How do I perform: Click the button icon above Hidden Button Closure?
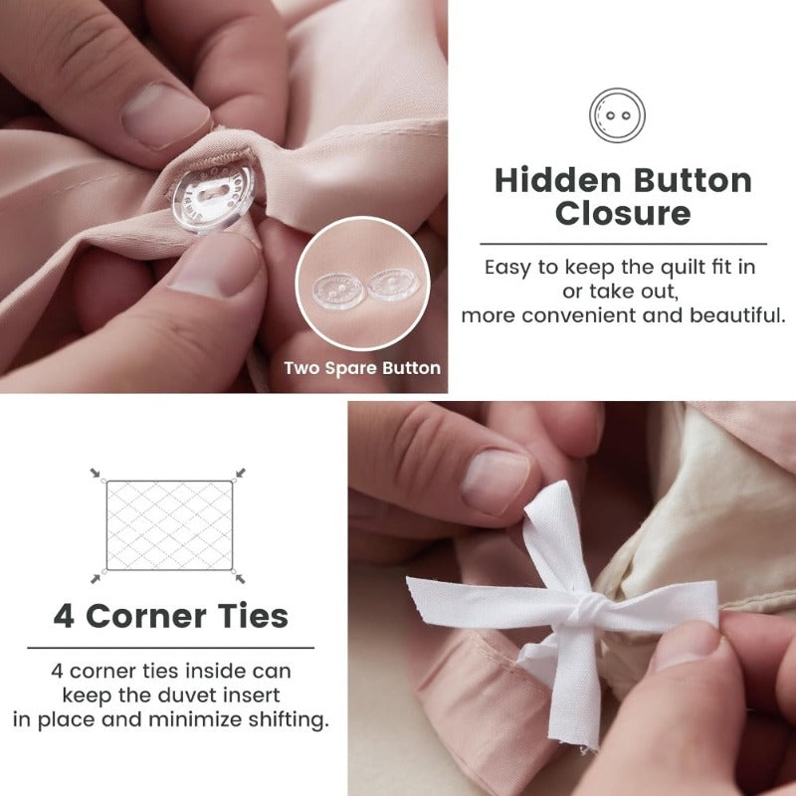click(617, 115)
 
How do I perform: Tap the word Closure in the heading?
click(623, 213)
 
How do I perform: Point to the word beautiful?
click(737, 315)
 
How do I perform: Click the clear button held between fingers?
click(213, 195)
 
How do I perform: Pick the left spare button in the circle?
click(337, 291)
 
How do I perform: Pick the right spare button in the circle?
click(393, 285)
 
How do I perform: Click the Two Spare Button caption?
click(362, 368)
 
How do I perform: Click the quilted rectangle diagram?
click(169, 525)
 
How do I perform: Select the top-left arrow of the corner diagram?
click(95, 474)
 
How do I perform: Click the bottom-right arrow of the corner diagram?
click(240, 578)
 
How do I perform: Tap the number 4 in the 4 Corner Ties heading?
click(64, 616)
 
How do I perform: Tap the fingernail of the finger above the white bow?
click(495, 481)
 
